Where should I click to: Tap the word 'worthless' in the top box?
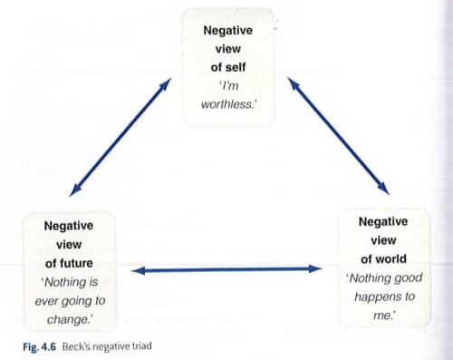226,104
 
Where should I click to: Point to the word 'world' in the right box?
392,259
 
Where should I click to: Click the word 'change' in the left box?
68,319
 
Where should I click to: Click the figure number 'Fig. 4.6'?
39,346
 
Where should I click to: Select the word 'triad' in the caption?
142,345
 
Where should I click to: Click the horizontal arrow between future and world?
226,269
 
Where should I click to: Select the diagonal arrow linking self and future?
120,137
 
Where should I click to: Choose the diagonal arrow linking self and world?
338,136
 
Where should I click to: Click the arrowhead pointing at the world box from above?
383,189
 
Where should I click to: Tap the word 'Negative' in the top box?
227,30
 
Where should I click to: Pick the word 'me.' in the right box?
384,316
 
